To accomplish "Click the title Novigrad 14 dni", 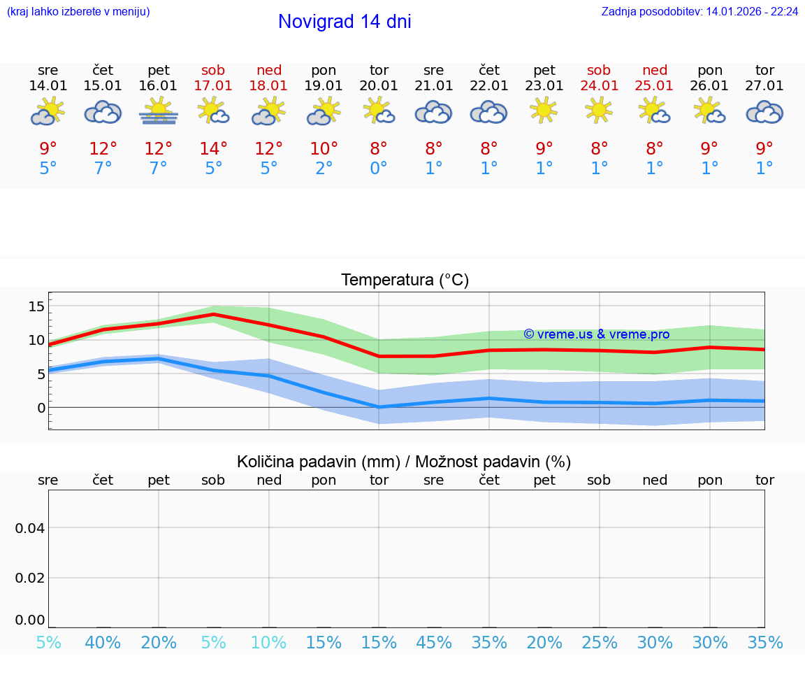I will click(345, 22).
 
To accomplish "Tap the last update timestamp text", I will click(699, 12).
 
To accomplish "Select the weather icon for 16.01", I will click(159, 112).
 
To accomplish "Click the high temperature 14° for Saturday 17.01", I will click(213, 149).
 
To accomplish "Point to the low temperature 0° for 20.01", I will click(379, 169).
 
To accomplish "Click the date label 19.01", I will click(324, 86).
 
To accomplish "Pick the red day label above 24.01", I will click(599, 70).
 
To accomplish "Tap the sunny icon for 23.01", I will click(544, 111).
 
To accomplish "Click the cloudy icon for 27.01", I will click(764, 112).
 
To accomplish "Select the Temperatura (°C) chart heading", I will click(405, 280).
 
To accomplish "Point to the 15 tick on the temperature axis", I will click(36, 306).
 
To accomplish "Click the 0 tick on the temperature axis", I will click(41, 408).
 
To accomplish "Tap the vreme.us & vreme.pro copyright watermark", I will click(596, 334).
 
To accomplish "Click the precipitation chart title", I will click(404, 462).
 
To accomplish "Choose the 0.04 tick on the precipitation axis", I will click(30, 528).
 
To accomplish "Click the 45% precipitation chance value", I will click(434, 642).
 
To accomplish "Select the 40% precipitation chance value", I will click(103, 642).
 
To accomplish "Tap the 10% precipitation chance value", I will click(268, 642).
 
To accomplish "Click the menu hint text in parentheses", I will click(78, 12).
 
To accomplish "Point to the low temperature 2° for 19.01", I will click(324, 169).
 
